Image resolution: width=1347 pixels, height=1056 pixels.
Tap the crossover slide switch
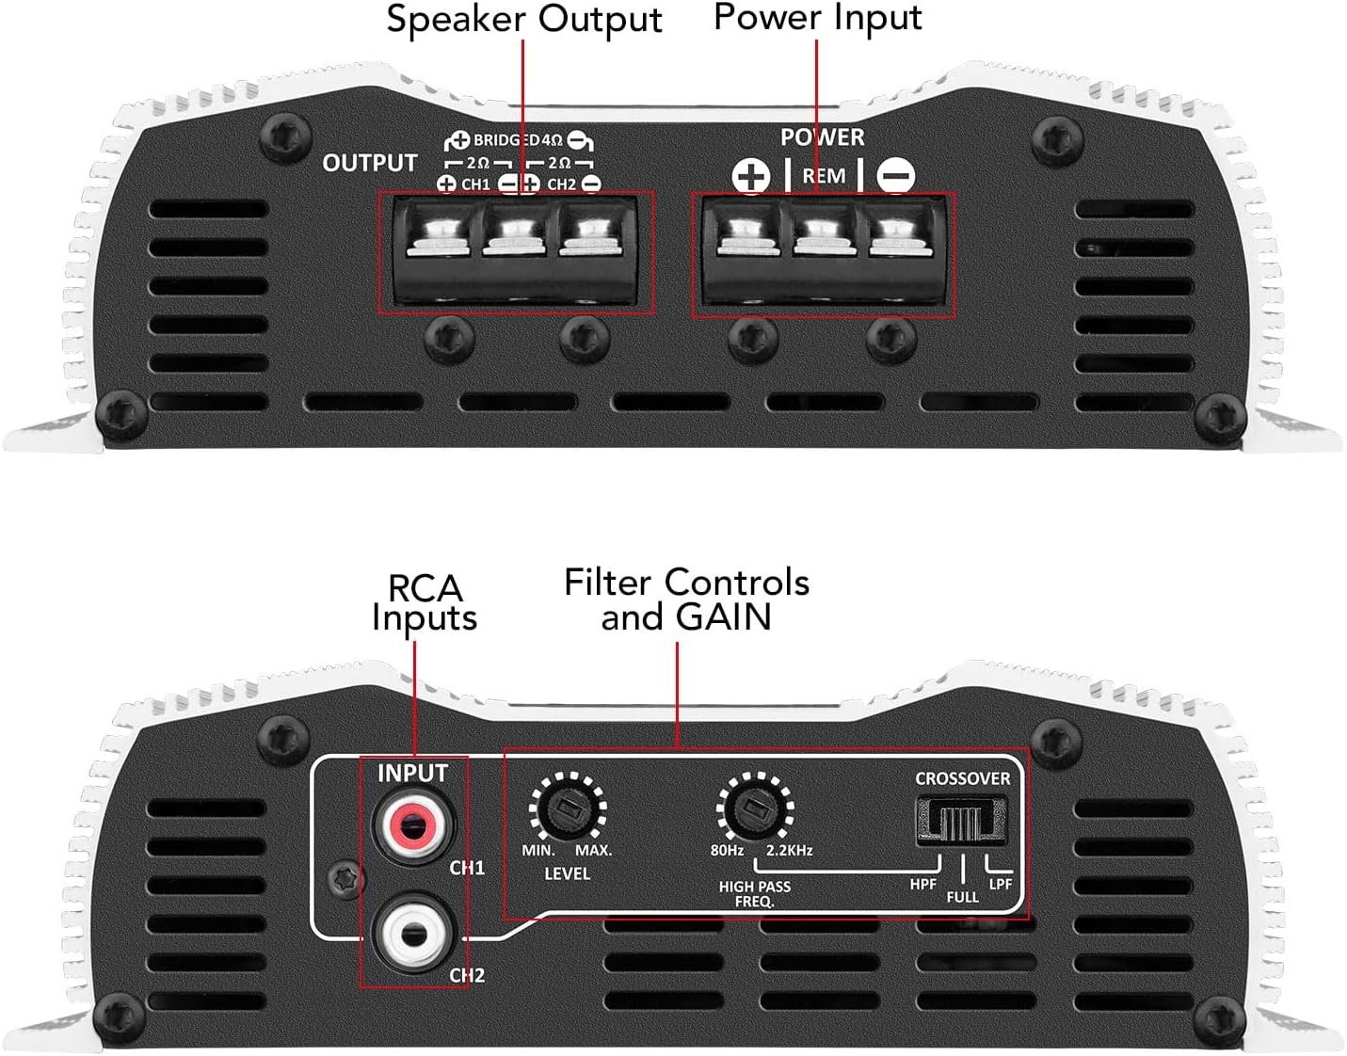[961, 820]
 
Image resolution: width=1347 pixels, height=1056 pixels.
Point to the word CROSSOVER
[962, 778]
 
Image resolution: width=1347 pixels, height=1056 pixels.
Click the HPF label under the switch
[922, 884]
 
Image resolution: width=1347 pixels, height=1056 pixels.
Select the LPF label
[1000, 884]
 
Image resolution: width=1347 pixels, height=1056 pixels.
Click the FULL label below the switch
[962, 897]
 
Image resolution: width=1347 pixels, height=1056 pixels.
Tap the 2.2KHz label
[789, 850]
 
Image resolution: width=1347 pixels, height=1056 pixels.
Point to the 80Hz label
[727, 850]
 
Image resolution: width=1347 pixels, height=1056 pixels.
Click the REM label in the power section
[824, 176]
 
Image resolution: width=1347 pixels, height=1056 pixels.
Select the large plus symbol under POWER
[750, 176]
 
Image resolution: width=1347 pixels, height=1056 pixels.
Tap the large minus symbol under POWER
[895, 176]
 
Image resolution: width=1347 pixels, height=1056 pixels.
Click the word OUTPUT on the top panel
[369, 163]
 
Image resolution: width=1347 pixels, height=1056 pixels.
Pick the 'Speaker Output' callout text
[523, 20]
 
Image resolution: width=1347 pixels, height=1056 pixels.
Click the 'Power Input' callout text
[817, 18]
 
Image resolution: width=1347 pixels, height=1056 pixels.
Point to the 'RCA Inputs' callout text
[425, 602]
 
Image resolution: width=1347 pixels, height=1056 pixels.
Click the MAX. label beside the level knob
[593, 850]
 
